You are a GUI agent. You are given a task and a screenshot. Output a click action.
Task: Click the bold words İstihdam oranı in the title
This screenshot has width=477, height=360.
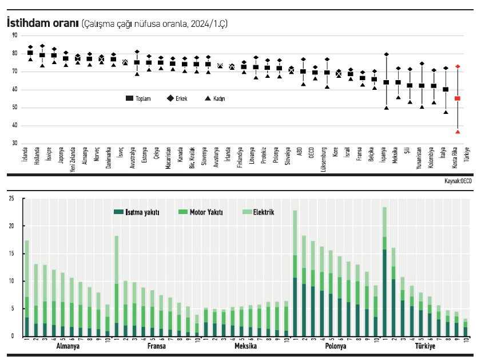(42, 23)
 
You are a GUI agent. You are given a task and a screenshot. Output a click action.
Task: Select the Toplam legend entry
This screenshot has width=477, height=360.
(138, 98)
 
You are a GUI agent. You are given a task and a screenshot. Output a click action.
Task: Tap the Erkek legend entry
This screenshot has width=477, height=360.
(177, 98)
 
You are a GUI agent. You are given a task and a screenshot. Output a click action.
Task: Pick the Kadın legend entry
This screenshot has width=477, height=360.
(215, 98)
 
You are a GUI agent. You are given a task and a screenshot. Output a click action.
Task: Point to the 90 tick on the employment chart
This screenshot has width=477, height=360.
(15, 35)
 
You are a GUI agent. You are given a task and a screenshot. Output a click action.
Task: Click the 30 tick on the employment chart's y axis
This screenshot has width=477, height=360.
(15, 143)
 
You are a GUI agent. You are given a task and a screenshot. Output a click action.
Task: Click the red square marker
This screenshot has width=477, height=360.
(457, 98)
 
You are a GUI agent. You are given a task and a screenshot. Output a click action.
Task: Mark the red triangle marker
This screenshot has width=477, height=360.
(458, 132)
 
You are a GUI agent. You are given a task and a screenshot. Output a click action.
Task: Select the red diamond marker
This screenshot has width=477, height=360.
(458, 66)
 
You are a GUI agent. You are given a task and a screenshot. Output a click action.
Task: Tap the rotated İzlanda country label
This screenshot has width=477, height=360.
(26, 155)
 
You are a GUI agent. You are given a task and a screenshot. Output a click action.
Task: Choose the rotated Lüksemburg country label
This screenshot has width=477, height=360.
(324, 160)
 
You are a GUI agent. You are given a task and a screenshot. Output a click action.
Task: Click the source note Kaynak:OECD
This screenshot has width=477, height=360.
(458, 181)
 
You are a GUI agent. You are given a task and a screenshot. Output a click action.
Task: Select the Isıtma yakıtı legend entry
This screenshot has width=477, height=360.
(137, 212)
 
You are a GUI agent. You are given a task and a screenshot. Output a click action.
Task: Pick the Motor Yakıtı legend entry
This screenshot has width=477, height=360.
(201, 212)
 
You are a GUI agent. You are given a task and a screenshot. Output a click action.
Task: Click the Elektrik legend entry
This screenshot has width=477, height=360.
(259, 212)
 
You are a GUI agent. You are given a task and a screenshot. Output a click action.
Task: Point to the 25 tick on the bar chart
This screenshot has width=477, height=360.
(11, 199)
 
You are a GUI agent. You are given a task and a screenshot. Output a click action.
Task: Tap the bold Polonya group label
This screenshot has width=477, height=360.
(336, 346)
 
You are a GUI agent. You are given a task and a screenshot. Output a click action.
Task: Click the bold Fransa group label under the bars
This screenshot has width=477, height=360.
(156, 346)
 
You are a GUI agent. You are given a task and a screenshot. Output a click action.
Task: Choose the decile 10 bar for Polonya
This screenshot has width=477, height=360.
(376, 311)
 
